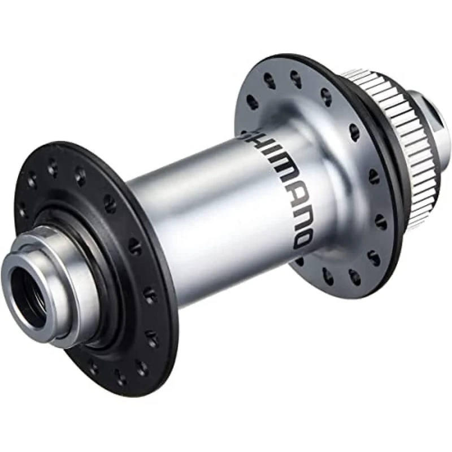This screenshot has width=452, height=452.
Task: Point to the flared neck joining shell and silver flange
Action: tap(325, 186)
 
